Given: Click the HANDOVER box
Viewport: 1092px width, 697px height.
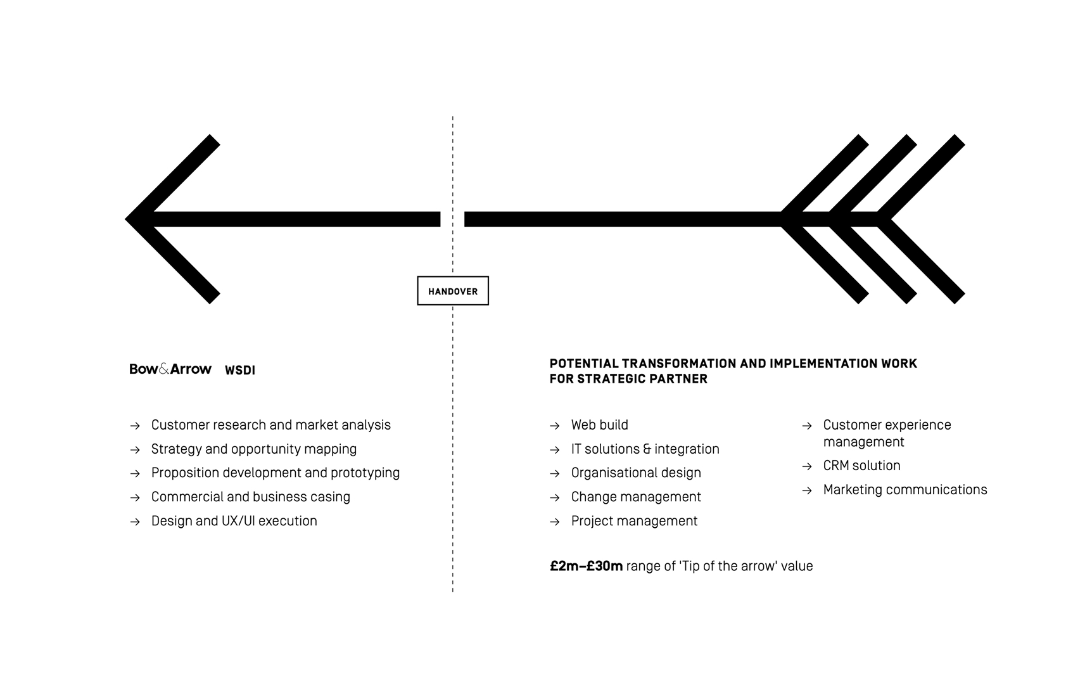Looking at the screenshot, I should pyautogui.click(x=452, y=291).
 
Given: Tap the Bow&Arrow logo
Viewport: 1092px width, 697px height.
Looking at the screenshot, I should pyautogui.click(x=170, y=369).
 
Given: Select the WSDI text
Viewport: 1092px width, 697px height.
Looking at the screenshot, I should pyautogui.click(x=240, y=371).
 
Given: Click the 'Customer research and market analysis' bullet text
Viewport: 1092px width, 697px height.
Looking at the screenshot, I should pyautogui.click(x=270, y=425).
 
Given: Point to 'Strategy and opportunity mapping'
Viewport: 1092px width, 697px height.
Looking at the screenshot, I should pyautogui.click(x=253, y=449).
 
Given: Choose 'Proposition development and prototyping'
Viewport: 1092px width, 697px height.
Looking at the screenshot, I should pyautogui.click(x=275, y=473).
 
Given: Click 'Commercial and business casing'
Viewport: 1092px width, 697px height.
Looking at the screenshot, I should pyautogui.click(x=250, y=497).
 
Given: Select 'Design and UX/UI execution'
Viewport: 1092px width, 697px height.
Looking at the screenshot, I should pyautogui.click(x=234, y=521).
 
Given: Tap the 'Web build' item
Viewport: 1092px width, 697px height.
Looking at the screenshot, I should pyautogui.click(x=599, y=425).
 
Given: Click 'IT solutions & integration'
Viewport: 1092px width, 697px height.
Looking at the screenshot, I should pyautogui.click(x=645, y=449).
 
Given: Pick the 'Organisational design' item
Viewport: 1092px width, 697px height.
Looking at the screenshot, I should pyautogui.click(x=636, y=473).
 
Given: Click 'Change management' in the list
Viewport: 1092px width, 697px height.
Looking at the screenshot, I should pyautogui.click(x=636, y=497).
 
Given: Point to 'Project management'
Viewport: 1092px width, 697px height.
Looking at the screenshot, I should pyautogui.click(x=634, y=521).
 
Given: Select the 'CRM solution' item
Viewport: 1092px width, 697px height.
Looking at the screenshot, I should pyautogui.click(x=861, y=466).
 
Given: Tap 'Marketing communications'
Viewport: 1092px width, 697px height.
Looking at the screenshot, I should pyautogui.click(x=905, y=490).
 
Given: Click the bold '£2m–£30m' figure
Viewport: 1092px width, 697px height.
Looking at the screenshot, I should pyautogui.click(x=586, y=566).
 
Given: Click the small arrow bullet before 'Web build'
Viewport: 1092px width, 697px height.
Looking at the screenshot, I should pyautogui.click(x=555, y=426).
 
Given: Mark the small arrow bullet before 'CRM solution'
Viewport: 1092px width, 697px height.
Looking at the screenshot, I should pyautogui.click(x=807, y=466).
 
